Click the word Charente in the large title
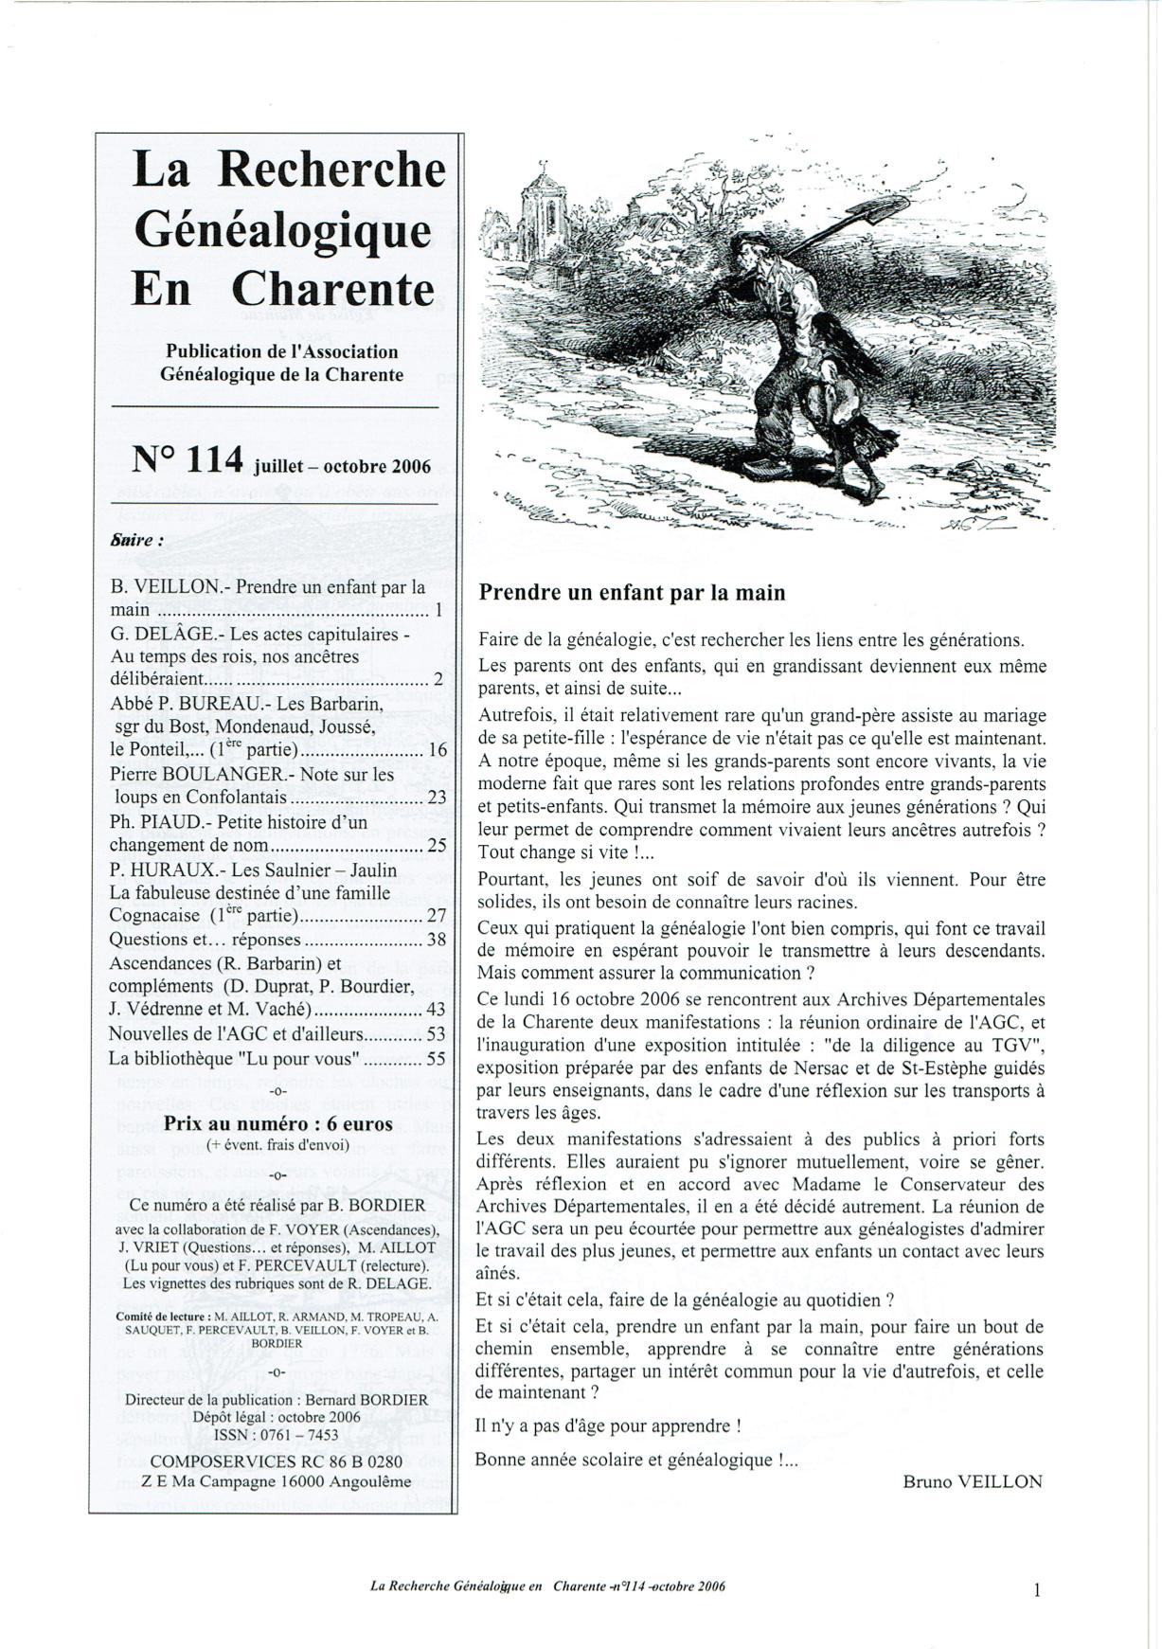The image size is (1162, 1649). click(x=333, y=288)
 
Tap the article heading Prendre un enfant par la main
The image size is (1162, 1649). click(x=632, y=593)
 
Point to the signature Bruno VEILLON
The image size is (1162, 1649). click(x=972, y=1482)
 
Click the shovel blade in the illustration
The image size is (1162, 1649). click(x=880, y=210)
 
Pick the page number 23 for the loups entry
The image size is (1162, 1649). click(x=437, y=798)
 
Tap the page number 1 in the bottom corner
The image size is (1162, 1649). click(x=1037, y=1590)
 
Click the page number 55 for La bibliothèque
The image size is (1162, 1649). click(x=436, y=1059)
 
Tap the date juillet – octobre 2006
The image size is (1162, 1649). click(x=342, y=466)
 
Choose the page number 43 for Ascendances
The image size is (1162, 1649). click(x=436, y=1011)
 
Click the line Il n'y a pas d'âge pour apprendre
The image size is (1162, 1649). click(x=607, y=1425)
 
